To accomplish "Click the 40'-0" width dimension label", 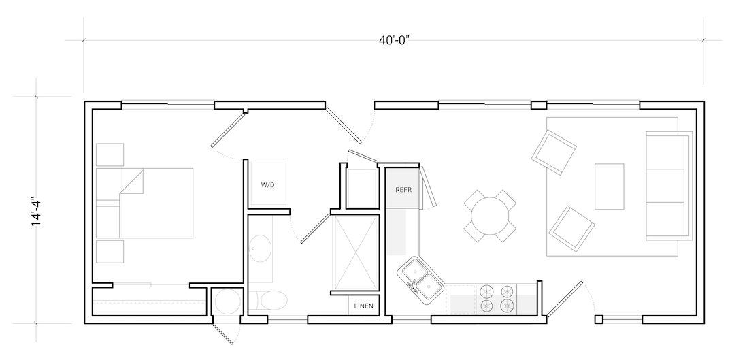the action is (394, 40).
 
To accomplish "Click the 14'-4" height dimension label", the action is (36, 212).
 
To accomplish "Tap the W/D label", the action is (267, 185).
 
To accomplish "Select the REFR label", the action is (403, 190).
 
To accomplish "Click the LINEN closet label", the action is (363, 306).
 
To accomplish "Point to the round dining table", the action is (490, 216).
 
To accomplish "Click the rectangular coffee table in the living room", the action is (609, 186).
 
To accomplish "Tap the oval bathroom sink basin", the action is (260, 249).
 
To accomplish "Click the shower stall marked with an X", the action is (356, 253).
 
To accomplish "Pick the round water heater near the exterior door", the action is (227, 301).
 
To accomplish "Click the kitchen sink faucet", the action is (414, 284).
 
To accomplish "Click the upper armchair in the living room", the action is (554, 152).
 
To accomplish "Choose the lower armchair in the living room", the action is (571, 229).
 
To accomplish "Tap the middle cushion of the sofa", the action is (665, 186).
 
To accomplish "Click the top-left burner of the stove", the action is (486, 291).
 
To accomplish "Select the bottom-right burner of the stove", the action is (507, 306).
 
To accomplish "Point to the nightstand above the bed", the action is (110, 154).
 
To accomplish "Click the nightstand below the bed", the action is (110, 252).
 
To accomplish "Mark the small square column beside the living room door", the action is (599, 319).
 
